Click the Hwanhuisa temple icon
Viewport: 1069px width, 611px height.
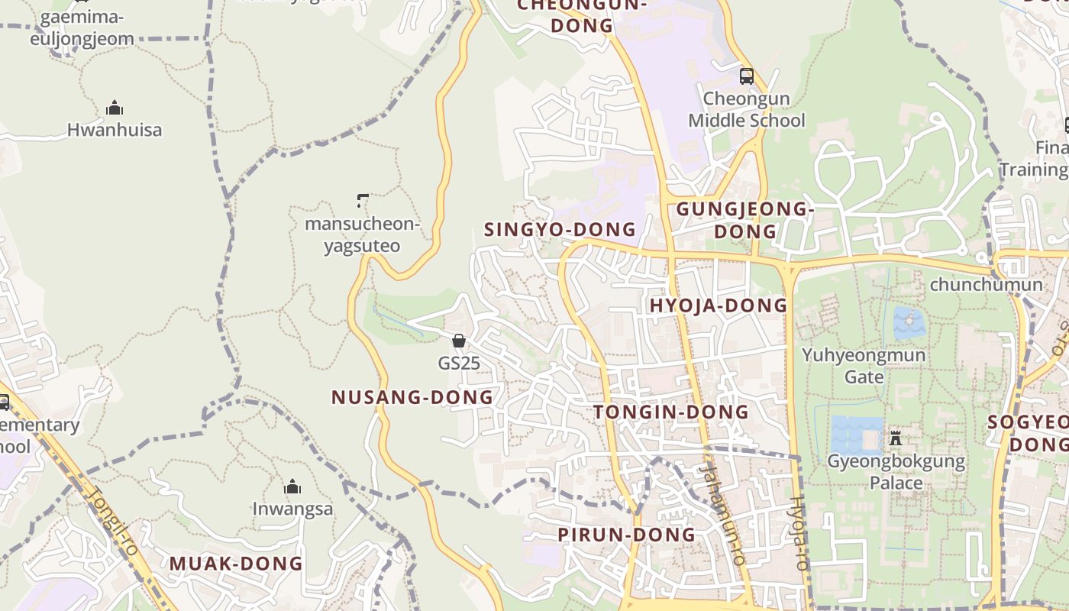click(115, 108)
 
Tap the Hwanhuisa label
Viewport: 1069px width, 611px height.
click(115, 130)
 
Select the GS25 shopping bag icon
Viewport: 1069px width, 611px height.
click(459, 341)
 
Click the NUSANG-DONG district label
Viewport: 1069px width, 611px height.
click(412, 397)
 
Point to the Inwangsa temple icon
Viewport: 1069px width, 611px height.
click(292, 487)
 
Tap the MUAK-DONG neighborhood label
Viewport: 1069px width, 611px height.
click(236, 564)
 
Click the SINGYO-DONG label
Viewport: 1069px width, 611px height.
click(560, 229)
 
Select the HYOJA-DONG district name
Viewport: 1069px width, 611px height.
click(718, 305)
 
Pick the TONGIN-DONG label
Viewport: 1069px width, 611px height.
click(671, 412)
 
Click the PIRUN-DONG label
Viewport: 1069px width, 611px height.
click(627, 535)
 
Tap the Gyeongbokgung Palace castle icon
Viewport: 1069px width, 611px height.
click(896, 438)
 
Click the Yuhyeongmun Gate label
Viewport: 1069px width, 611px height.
click(864, 366)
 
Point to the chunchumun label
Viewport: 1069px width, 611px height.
click(986, 285)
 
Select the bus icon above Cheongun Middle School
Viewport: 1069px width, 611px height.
click(747, 76)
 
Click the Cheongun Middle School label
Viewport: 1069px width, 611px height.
click(747, 110)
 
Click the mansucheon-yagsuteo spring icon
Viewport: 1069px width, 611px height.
click(363, 202)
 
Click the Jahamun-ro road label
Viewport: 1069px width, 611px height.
click(721, 516)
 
